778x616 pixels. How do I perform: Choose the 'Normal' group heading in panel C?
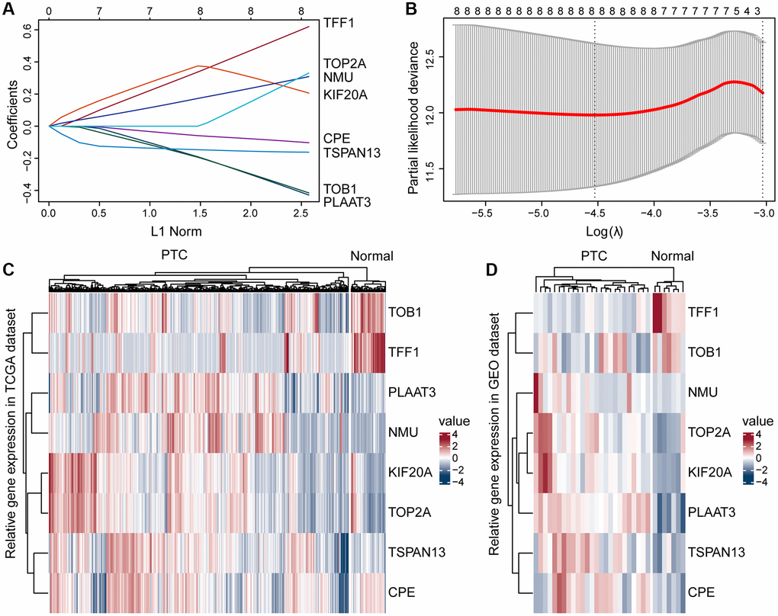[x=371, y=256]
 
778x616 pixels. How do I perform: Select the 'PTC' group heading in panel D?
[x=593, y=256]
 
